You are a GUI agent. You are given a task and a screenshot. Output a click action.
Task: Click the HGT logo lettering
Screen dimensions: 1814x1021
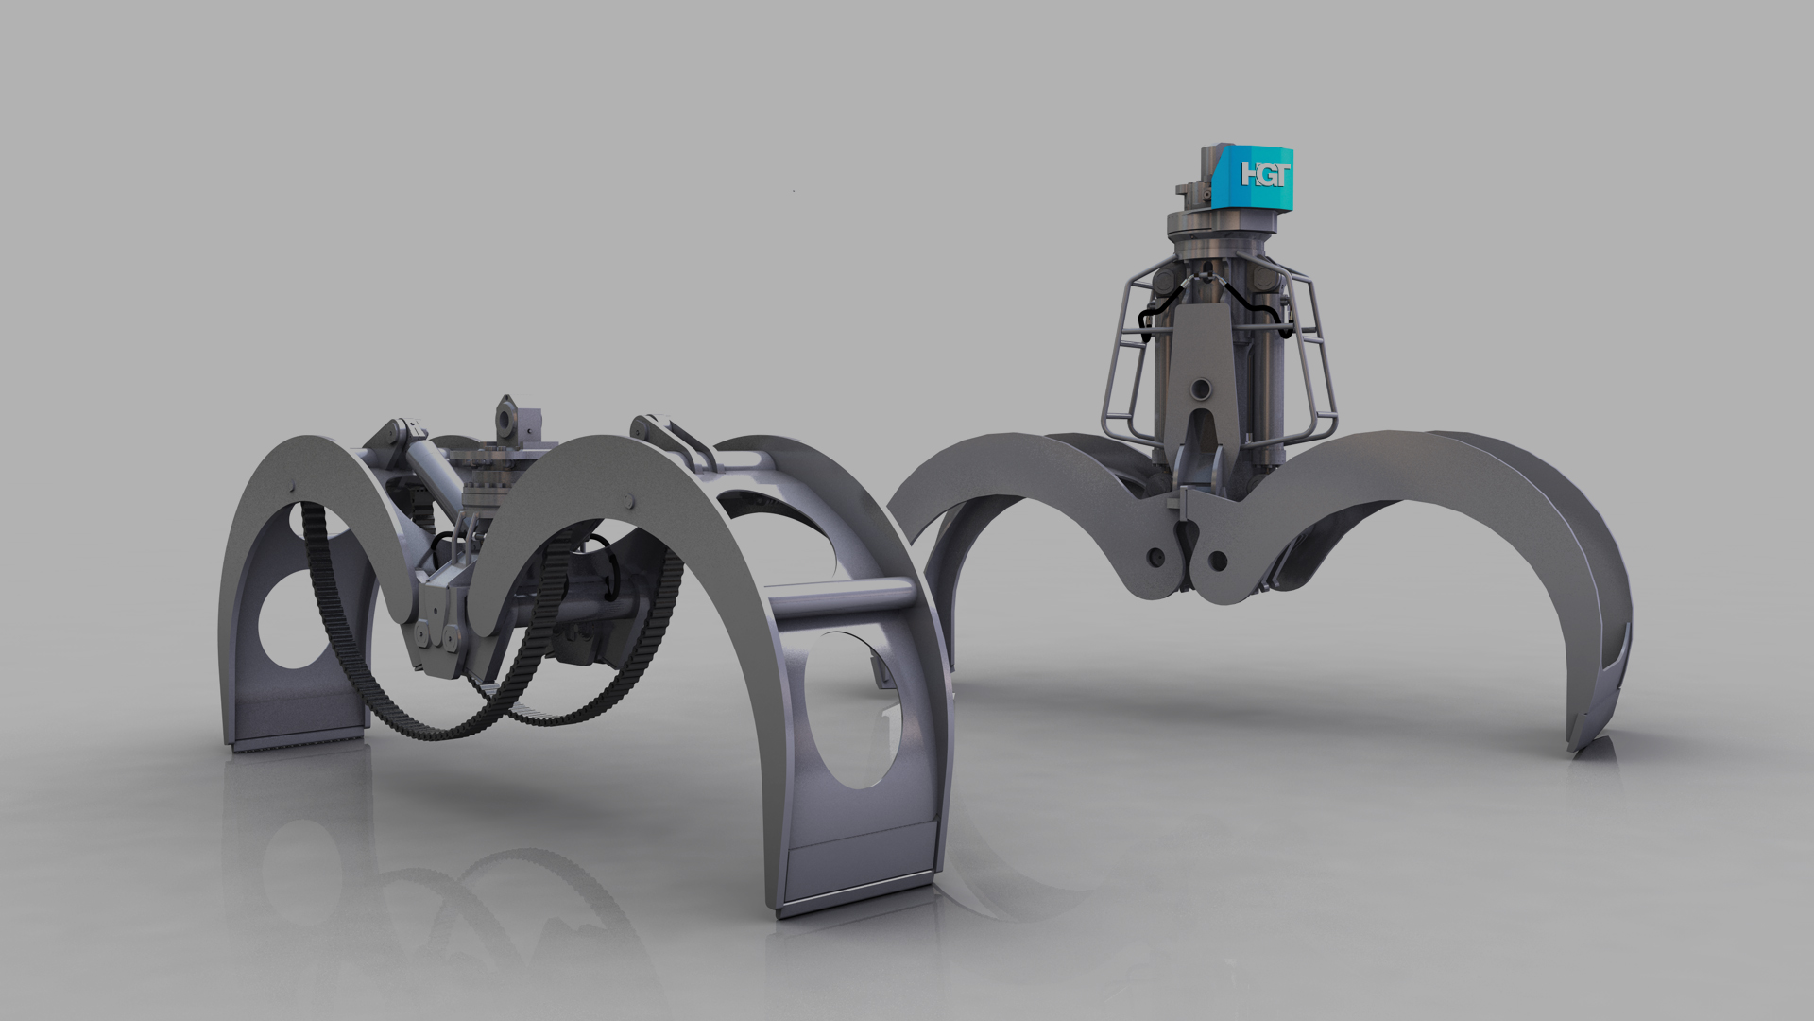coord(1264,174)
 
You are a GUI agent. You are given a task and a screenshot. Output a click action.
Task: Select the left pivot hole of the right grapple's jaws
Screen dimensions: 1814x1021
coord(1155,556)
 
